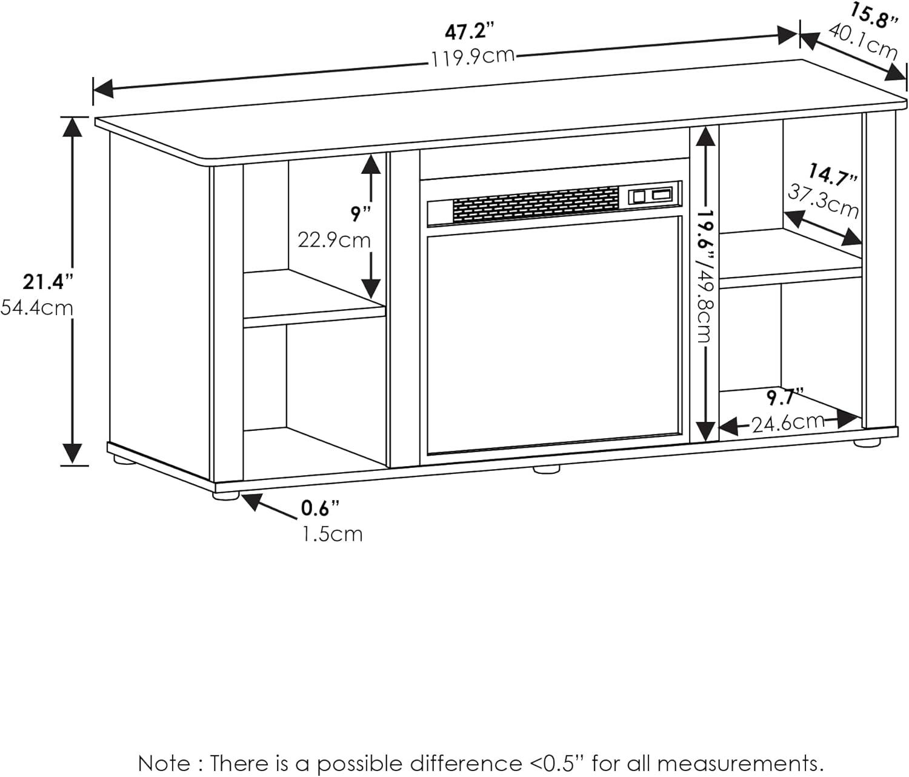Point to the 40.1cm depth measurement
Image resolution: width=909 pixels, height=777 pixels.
coord(863,41)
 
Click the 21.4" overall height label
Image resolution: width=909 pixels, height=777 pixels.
coord(48,282)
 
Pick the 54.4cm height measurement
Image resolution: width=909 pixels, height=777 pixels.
coord(36,308)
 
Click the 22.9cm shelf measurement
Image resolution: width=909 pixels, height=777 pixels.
coord(334,241)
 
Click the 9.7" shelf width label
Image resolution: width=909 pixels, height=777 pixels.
coord(785,398)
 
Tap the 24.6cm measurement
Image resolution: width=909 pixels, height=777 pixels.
coord(788,422)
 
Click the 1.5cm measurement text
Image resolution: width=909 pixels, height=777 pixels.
coord(332,534)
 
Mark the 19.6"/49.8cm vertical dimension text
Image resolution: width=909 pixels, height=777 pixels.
coord(704,276)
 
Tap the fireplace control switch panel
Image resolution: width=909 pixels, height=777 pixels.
coord(653,196)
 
